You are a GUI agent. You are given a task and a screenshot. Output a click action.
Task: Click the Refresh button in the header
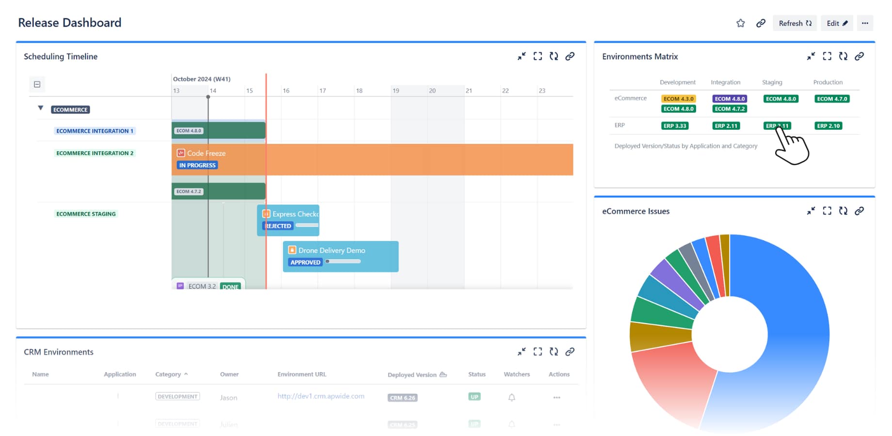tap(795, 23)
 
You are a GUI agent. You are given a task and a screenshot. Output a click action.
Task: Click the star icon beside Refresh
tap(740, 23)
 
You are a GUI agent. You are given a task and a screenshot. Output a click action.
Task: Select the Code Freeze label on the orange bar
tap(206, 153)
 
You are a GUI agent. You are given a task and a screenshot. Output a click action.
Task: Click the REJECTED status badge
tap(278, 226)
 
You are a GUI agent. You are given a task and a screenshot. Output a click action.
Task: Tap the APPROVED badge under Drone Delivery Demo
tap(305, 262)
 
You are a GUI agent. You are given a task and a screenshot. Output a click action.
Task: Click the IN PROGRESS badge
tap(197, 165)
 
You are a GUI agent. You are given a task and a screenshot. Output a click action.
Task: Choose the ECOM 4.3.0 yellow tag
tap(678, 99)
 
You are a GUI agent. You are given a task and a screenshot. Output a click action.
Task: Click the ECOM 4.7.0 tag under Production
tap(832, 99)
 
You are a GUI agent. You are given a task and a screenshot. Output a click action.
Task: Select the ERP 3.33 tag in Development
tap(675, 126)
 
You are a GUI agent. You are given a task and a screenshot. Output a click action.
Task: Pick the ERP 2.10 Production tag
tap(828, 126)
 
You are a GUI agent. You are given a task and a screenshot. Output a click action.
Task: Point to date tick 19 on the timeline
tap(396, 91)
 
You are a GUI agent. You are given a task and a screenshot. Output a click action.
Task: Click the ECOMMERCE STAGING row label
tap(86, 214)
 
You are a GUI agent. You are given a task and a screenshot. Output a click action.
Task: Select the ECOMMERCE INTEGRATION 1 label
tap(95, 131)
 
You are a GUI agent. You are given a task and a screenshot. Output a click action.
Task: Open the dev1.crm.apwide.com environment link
tap(321, 396)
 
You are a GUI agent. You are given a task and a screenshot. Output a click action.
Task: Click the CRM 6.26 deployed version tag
tap(403, 398)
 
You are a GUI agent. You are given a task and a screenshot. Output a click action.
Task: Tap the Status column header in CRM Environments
tap(477, 374)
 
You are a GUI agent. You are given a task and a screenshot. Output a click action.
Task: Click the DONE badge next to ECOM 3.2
tap(230, 286)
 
